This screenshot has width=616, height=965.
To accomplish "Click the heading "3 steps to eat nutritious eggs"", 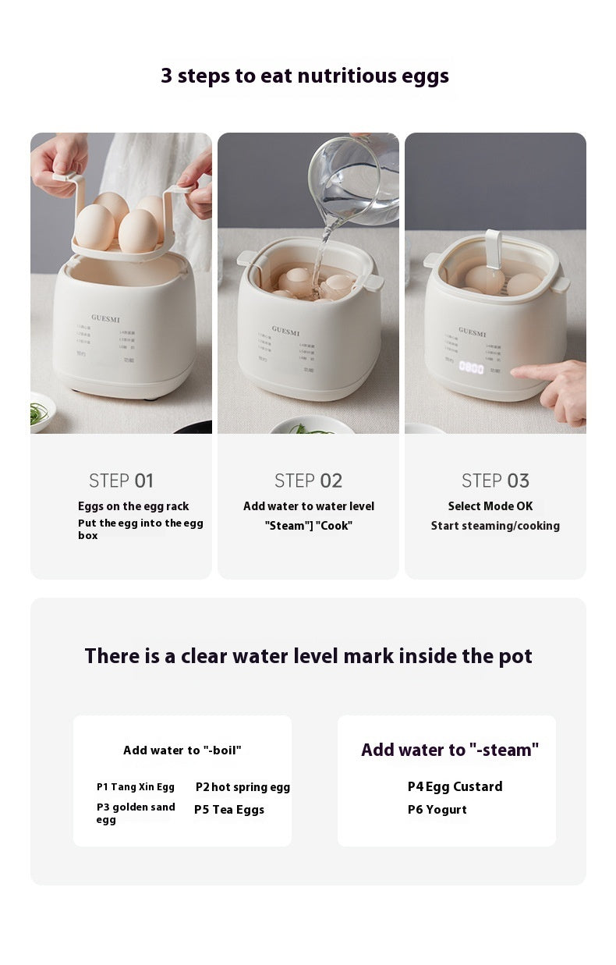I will point(305,76).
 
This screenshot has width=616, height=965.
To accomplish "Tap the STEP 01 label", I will point(121,481).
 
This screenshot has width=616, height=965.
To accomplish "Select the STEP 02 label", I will point(308,481).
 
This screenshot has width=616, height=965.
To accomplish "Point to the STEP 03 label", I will point(495,481).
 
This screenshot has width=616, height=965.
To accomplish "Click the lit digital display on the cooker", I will point(471,367).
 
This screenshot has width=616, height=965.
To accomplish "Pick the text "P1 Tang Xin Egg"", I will point(136,787).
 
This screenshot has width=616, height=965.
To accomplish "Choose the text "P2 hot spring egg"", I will point(243,787).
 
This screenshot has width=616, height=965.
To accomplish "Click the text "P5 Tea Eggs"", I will point(229,810).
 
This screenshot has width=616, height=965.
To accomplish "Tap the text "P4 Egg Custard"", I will point(455,786).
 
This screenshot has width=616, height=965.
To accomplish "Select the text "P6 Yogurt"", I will point(437,810).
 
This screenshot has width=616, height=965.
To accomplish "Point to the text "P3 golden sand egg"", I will point(136,813).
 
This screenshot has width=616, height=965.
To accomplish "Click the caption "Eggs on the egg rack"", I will point(133,506).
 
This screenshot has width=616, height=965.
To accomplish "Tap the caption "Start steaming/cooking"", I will point(495,526).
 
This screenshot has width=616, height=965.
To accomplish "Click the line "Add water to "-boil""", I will point(182,750).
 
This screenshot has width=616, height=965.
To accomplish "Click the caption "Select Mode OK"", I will point(490,506).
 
